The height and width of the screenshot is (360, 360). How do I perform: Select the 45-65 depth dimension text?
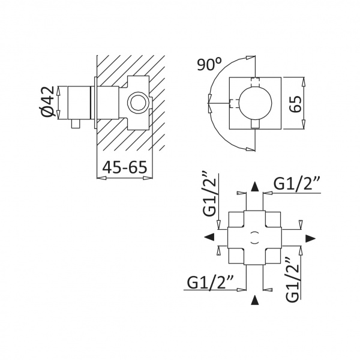pos(124,167)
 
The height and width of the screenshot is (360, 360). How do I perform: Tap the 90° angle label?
pos(209,64)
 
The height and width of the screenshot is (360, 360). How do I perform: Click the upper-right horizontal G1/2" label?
pos(296,183)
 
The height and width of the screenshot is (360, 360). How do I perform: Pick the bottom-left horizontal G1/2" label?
pos(211,282)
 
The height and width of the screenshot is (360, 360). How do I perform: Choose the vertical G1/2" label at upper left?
pos(209,194)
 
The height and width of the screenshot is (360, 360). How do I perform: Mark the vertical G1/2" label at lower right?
pos(293,280)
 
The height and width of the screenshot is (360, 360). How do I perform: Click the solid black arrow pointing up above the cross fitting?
pos(254,187)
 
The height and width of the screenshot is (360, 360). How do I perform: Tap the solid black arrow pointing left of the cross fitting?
pos(209,237)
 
